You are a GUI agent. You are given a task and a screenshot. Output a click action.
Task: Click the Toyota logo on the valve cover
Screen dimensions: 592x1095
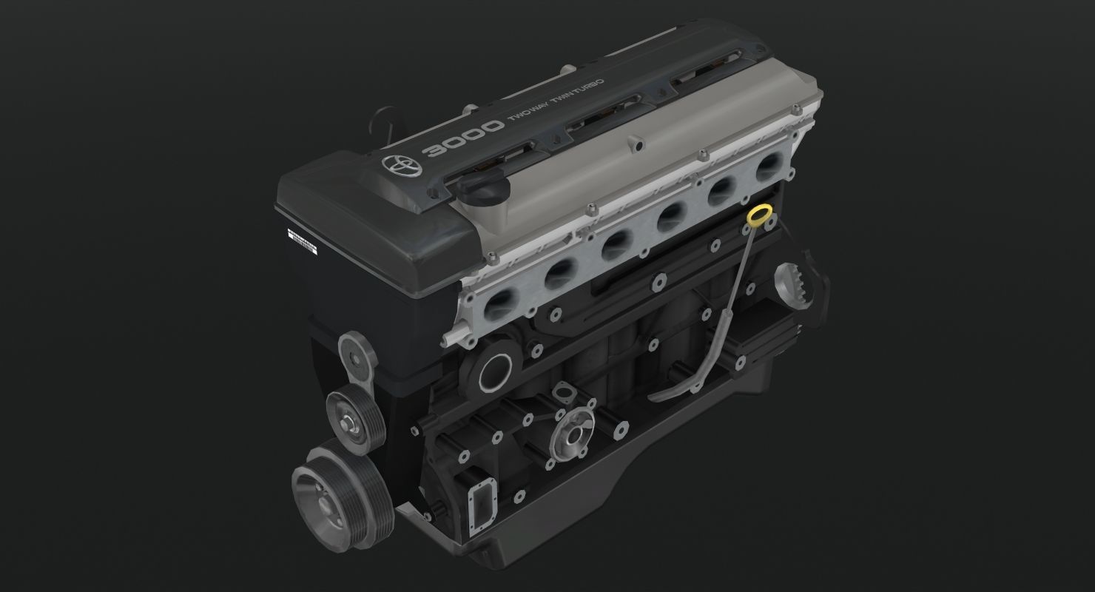(x=399, y=166)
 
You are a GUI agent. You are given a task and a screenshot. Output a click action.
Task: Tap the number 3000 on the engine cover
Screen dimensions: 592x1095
(x=462, y=139)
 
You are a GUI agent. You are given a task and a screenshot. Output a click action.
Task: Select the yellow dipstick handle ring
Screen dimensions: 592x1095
(x=759, y=216)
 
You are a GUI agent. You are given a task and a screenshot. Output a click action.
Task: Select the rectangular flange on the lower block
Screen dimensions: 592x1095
(x=485, y=510)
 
